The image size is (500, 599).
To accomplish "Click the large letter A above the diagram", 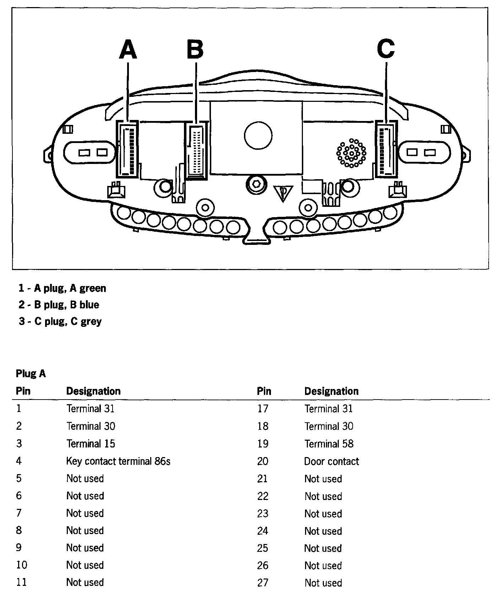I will (x=128, y=49).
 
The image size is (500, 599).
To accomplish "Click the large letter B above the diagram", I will (x=195, y=49).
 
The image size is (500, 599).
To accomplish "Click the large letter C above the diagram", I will (x=386, y=49).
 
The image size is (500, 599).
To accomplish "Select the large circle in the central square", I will (x=258, y=136).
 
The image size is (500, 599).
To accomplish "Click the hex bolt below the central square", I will (x=256, y=185).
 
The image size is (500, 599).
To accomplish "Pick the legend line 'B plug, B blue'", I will (x=59, y=305).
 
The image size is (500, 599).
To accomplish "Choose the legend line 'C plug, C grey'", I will (x=60, y=322).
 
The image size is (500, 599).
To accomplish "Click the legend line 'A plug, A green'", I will (x=62, y=288).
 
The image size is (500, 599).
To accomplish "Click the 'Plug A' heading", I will (x=31, y=374).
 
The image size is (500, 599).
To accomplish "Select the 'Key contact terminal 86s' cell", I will (x=118, y=461).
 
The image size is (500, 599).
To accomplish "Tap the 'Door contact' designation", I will (x=331, y=461).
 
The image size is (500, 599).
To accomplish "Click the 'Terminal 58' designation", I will (x=329, y=444).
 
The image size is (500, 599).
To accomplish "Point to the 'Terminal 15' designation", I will (x=91, y=444).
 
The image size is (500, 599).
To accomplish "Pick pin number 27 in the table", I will (x=262, y=583).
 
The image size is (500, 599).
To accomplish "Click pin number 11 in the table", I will (x=21, y=582).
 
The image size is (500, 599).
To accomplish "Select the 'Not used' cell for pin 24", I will (x=323, y=531).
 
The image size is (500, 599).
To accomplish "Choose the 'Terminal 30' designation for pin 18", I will (x=329, y=426).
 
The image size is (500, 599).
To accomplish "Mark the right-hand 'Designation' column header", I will (x=331, y=391).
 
